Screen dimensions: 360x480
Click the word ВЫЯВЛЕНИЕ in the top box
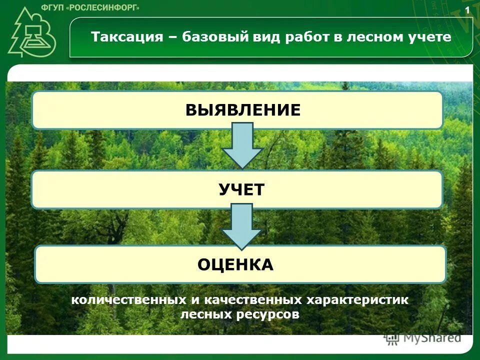(243, 109)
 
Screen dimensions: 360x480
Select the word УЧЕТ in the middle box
(241, 189)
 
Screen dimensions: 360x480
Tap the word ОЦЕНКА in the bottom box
(235, 264)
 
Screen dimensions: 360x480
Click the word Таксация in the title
(127, 37)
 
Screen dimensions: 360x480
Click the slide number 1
(467, 10)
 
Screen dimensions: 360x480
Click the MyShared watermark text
(432, 337)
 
